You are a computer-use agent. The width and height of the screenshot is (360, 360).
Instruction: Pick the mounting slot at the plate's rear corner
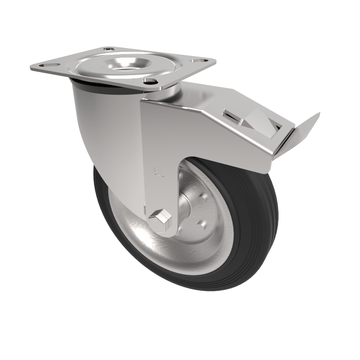coord(108,49)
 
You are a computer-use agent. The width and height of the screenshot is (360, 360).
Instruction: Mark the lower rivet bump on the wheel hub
coord(201,223)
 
